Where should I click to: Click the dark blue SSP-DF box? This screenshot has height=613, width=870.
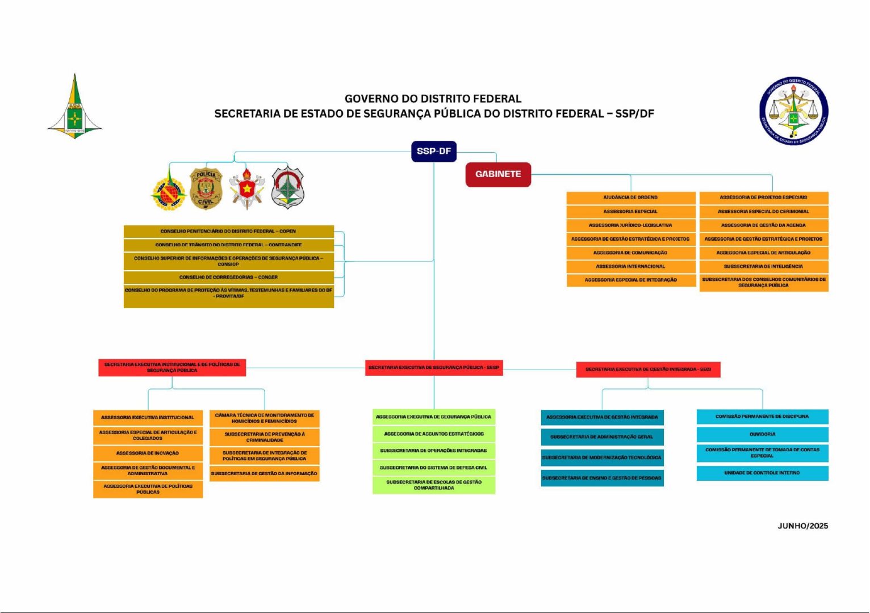[x=434, y=152]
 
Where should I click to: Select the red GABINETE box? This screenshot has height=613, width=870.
[x=498, y=174]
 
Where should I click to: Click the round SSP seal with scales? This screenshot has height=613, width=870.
[x=793, y=111]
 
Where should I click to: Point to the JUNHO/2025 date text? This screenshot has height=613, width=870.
[x=802, y=526]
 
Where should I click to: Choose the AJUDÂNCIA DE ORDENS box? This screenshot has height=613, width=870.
[x=630, y=198]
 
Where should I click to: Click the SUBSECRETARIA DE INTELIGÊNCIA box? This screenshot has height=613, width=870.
[x=763, y=266]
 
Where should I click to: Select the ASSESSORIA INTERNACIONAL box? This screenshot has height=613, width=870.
[x=630, y=266]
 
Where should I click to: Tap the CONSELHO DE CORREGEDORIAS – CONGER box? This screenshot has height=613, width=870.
[x=228, y=277]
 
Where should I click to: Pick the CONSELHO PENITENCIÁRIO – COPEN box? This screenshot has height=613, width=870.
[x=228, y=232]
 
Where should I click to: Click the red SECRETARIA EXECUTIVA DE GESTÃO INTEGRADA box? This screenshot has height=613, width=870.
[x=648, y=370]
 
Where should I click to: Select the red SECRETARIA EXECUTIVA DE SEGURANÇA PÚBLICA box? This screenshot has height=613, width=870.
[x=434, y=368]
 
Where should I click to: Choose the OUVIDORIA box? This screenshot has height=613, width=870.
[x=762, y=434]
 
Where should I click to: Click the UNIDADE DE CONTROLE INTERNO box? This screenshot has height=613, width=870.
[x=762, y=473]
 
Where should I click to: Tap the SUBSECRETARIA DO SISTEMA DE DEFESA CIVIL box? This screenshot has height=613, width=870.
[x=434, y=468]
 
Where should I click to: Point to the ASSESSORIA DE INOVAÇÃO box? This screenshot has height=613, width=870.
[x=148, y=453]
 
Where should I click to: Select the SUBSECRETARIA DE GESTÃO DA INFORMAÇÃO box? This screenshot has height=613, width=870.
[x=264, y=473]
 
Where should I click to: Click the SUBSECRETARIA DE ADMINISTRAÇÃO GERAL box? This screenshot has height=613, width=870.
[x=602, y=437]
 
